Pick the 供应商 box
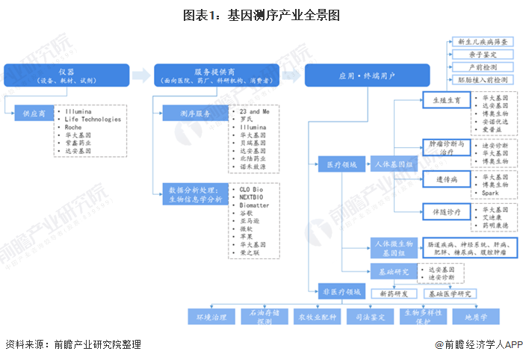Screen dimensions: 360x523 tap(34, 114)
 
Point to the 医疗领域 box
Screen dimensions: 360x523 tap(336, 163)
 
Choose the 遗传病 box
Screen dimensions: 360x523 tap(446, 180)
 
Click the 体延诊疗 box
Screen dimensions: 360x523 tap(446, 212)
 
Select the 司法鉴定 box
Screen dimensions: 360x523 tap(371, 317)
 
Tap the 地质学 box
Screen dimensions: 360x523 tap(476, 317)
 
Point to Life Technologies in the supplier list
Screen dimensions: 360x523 tap(93, 119)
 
